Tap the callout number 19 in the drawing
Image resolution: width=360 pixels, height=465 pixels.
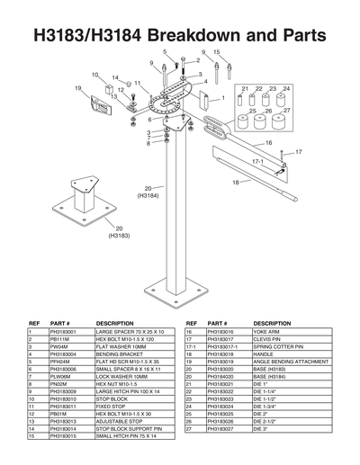click(x=78, y=88)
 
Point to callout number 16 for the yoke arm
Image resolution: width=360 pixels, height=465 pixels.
click(x=268, y=143)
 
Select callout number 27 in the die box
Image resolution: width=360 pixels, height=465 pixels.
click(x=286, y=111)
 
